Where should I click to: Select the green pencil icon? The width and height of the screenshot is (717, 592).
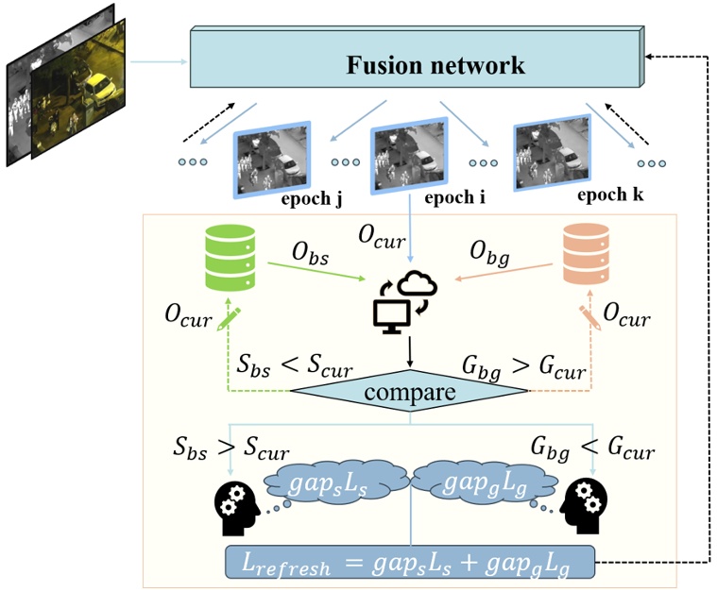(x=228, y=319)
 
